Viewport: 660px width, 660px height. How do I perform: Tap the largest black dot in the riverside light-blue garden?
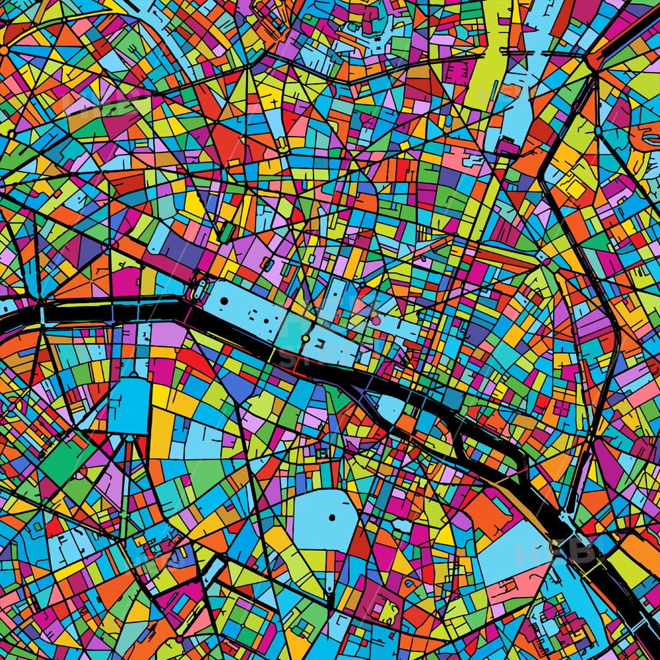(224, 301)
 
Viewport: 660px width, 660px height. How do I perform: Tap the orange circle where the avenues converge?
(5, 49)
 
